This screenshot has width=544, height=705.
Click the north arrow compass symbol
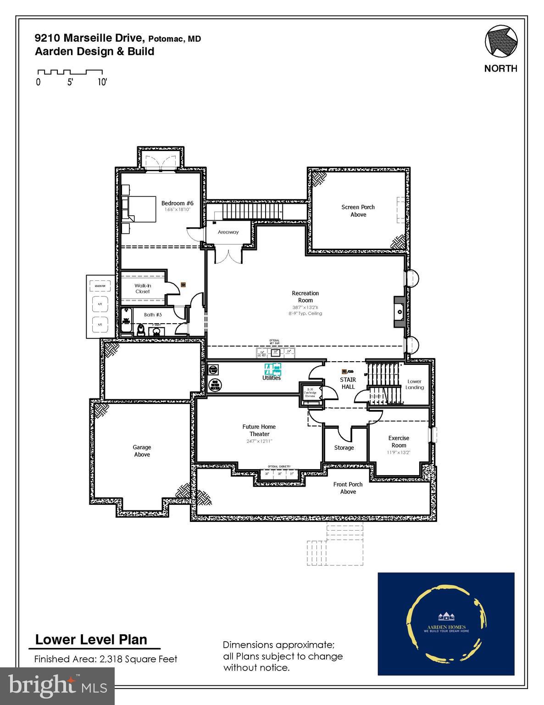501,42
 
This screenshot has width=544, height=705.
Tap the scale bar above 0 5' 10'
70,72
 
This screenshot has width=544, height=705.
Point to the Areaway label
228,232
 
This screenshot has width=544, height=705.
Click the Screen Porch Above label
358,211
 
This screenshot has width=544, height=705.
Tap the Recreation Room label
305,297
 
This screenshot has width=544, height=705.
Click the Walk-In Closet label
143,288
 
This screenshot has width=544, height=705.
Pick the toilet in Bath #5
141,330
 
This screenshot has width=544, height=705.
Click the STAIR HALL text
348,383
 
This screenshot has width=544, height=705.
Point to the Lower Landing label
414,384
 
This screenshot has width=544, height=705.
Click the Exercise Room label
399,442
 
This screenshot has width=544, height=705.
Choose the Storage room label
344,448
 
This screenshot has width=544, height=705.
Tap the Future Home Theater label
259,430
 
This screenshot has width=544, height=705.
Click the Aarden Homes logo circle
445,623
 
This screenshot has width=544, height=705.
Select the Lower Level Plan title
91,639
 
